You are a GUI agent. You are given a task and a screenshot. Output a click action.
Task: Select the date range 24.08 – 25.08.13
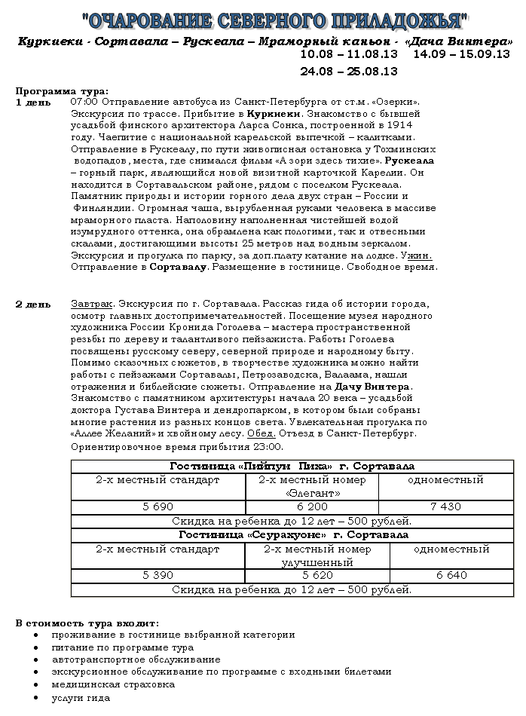tap(348, 72)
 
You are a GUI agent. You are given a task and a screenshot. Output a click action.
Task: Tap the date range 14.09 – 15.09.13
tap(461, 55)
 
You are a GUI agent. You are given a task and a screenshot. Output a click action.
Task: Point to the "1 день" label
tap(33, 102)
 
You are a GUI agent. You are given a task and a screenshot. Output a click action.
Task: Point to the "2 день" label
tap(33, 304)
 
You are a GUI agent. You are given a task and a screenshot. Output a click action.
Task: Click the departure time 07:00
tap(84, 102)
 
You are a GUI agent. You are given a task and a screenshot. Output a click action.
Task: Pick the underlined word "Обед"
tap(261, 434)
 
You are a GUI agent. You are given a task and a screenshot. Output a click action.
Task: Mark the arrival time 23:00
tap(257, 447)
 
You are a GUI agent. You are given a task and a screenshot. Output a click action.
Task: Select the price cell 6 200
tap(312, 507)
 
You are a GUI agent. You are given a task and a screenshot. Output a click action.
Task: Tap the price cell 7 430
tap(445, 507)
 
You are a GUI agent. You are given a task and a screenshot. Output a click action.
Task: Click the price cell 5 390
tap(158, 576)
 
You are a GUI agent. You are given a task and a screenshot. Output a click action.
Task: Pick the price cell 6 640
tap(451, 576)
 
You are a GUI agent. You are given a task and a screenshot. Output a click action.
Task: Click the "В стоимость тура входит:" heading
tap(87, 623)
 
